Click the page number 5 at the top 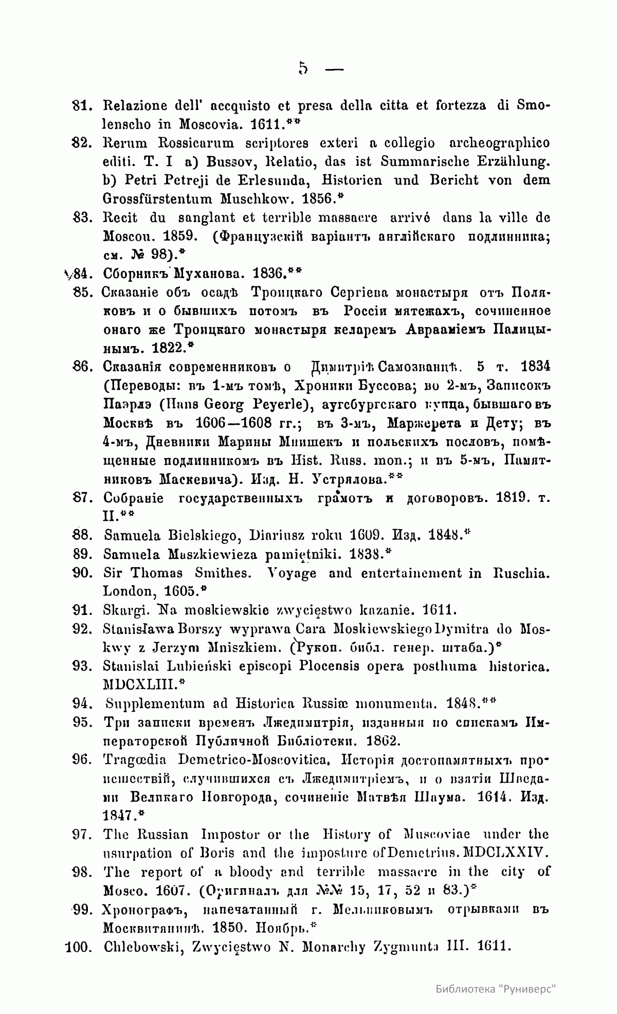pyautogui.click(x=302, y=68)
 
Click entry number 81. pyautogui.click(x=82, y=105)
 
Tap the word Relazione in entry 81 pyautogui.click(x=136, y=105)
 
